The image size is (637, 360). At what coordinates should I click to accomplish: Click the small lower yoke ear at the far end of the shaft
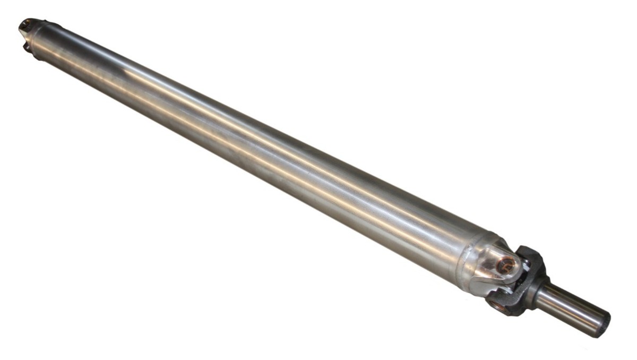coord(26,48)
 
